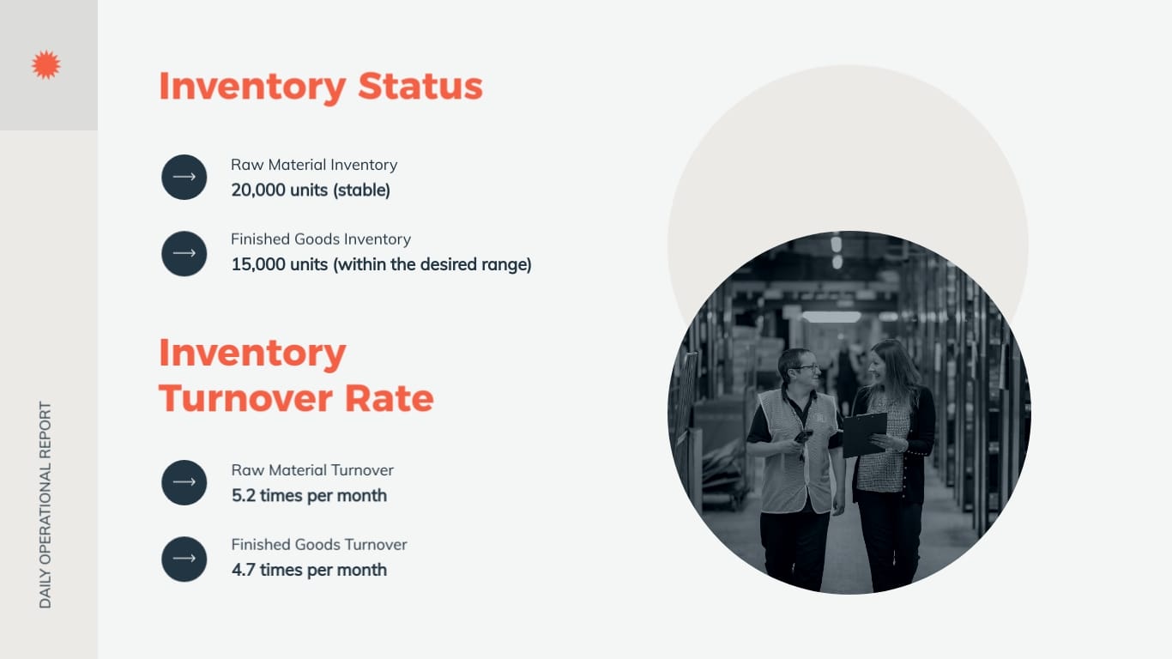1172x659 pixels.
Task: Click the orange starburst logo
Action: (45, 65)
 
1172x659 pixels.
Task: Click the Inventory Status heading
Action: (320, 87)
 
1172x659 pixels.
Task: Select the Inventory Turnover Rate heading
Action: (295, 376)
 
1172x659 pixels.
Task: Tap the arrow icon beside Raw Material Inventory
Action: (184, 177)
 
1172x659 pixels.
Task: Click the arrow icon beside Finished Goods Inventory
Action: (184, 253)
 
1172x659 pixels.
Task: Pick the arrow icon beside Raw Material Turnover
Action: (184, 482)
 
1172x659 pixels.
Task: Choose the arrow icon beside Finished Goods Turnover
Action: (184, 559)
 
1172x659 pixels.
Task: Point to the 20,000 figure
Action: (257, 190)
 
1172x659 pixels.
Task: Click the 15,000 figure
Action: (257, 264)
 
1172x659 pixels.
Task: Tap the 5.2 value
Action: (244, 495)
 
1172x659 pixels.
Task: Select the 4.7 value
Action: (244, 570)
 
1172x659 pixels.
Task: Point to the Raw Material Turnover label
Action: (312, 470)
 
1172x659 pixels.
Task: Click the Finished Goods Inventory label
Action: (321, 239)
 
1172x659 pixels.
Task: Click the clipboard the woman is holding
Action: (863, 434)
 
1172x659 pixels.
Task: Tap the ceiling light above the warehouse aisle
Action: (831, 317)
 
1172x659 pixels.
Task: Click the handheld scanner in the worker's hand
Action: (802, 437)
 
